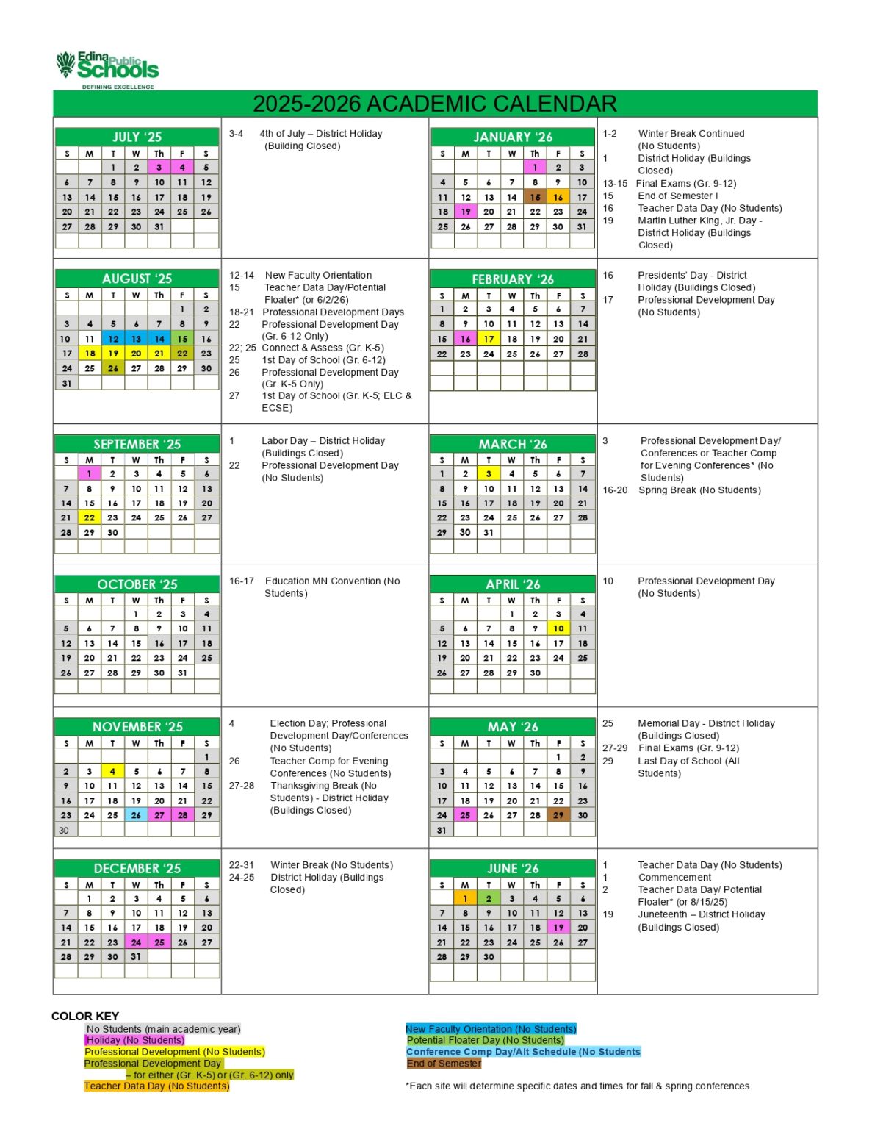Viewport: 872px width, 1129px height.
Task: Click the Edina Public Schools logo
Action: click(x=107, y=68)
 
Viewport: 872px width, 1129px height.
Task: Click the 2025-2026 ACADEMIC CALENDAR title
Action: click(x=435, y=104)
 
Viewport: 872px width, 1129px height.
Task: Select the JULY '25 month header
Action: click(x=137, y=137)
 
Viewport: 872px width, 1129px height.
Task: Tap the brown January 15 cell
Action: click(x=535, y=197)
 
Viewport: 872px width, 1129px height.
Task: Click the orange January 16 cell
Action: click(x=558, y=197)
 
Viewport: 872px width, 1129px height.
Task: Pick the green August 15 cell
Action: click(x=182, y=339)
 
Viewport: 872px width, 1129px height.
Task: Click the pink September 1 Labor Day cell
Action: click(x=89, y=474)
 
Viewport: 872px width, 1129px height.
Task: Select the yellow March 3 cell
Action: click(x=489, y=474)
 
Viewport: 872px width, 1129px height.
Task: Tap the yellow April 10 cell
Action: click(x=558, y=628)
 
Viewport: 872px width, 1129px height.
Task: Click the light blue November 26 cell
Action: click(x=136, y=815)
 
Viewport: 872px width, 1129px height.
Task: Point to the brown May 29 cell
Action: click(x=558, y=815)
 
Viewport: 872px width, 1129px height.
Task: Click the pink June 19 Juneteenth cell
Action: click(x=558, y=928)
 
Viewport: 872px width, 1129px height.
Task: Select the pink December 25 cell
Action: click(x=159, y=942)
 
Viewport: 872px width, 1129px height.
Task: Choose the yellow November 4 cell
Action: click(x=112, y=771)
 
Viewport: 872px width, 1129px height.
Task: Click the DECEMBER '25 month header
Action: click(x=137, y=868)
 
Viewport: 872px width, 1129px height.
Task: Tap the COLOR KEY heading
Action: click(x=84, y=1016)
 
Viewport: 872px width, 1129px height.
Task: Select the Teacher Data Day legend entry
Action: click(x=156, y=1086)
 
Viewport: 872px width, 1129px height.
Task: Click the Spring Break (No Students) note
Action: click(x=699, y=490)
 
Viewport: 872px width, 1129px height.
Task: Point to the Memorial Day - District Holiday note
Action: click(x=705, y=723)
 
